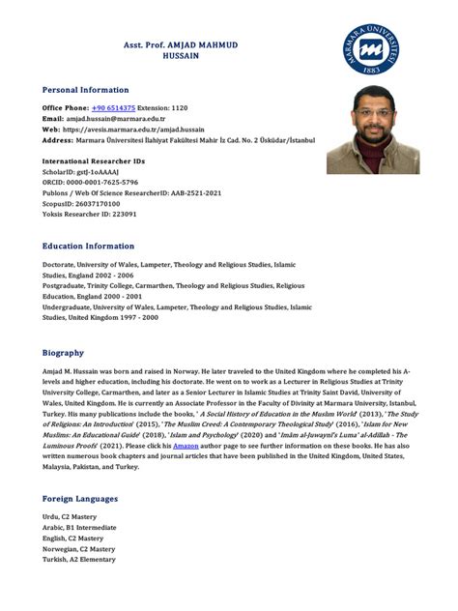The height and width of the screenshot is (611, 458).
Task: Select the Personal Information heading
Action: click(85, 89)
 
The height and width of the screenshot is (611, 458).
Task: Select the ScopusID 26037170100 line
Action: click(81, 203)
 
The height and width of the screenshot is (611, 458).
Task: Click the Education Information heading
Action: click(89, 246)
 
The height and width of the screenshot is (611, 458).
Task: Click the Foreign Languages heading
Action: click(80, 498)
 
